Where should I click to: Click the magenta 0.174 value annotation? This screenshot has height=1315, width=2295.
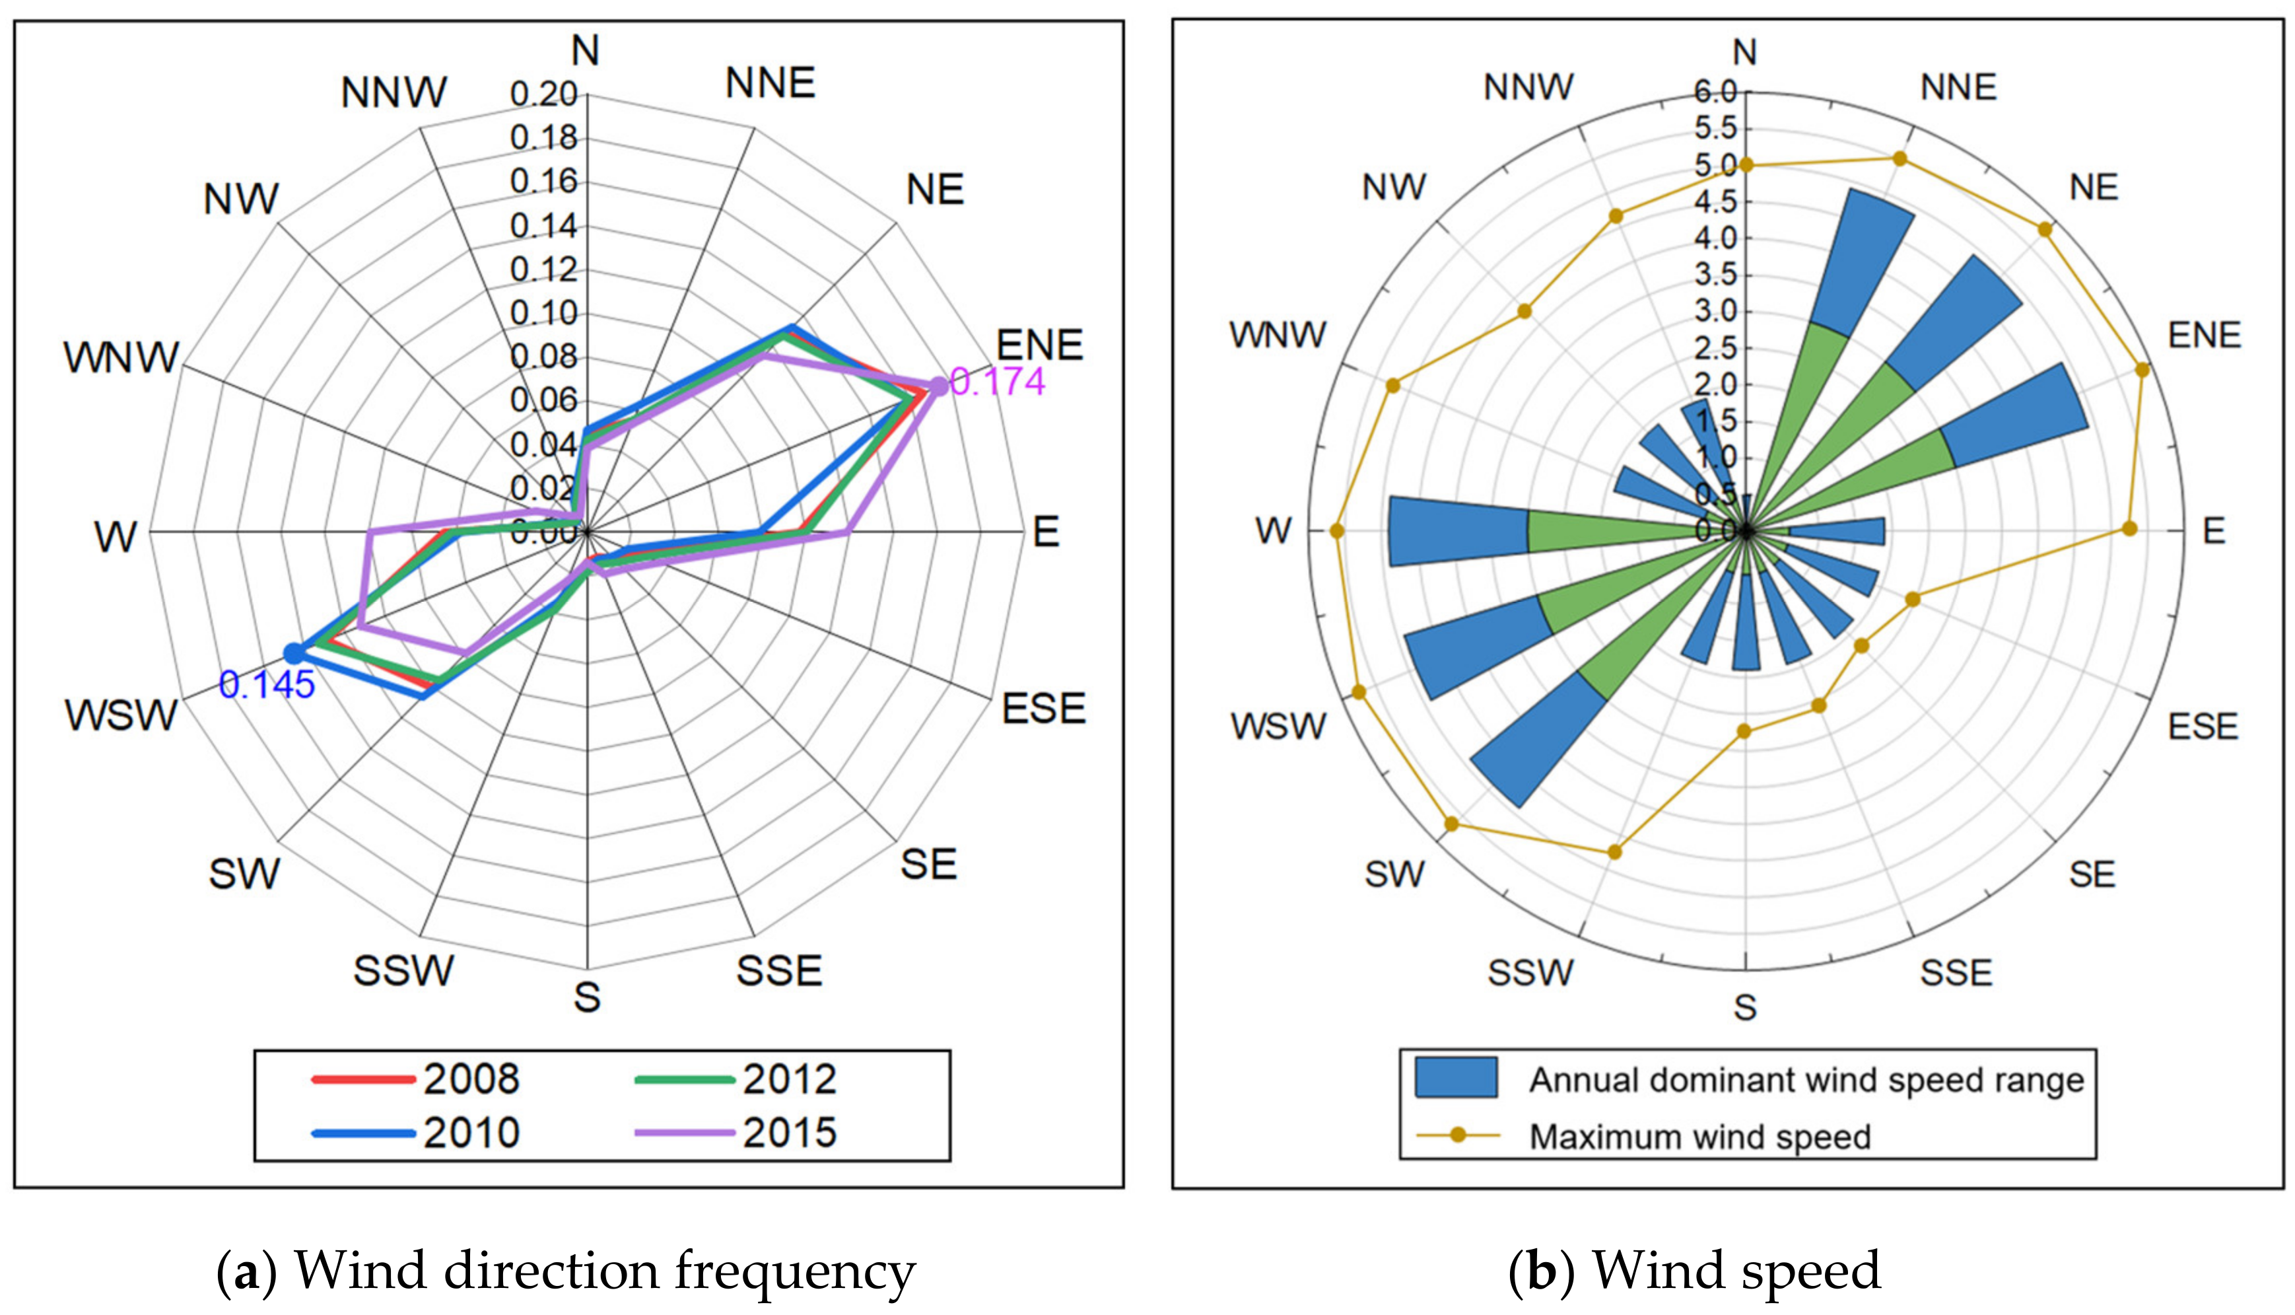pyautogui.click(x=998, y=381)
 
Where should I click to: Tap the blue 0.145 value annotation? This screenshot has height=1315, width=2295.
pyautogui.click(x=266, y=685)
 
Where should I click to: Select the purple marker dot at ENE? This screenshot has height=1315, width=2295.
pyautogui.click(x=939, y=386)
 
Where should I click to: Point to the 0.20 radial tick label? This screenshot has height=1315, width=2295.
pyautogui.click(x=543, y=94)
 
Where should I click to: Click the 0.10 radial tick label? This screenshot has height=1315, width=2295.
pyautogui.click(x=543, y=314)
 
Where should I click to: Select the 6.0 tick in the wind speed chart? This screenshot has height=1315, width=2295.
pyautogui.click(x=1715, y=91)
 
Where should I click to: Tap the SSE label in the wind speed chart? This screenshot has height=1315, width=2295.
pyautogui.click(x=1956, y=973)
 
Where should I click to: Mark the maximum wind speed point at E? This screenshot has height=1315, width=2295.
pyautogui.click(x=2130, y=528)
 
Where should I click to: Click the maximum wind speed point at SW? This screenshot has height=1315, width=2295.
pyautogui.click(x=1452, y=824)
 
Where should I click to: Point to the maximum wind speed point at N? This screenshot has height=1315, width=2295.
pyautogui.click(x=1746, y=164)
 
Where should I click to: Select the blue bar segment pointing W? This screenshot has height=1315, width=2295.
pyautogui.click(x=1458, y=531)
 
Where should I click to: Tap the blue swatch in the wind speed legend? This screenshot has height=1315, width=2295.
pyautogui.click(x=1455, y=1077)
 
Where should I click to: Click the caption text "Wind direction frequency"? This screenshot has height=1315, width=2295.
pyautogui.click(x=605, y=1271)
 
